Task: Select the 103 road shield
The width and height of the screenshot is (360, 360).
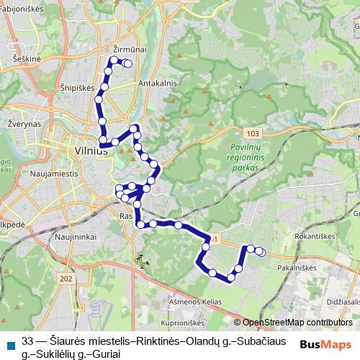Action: [251, 134]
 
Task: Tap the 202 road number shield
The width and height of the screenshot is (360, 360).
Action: [67, 279]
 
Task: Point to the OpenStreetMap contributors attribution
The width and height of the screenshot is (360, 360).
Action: [297, 323]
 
